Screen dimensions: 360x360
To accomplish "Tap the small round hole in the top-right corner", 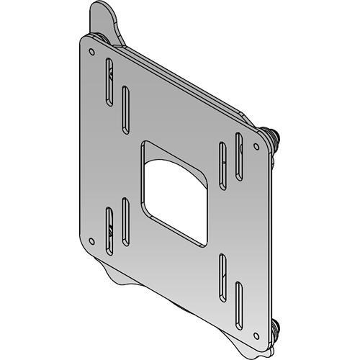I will (x=256, y=147).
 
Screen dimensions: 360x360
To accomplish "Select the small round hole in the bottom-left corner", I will (x=90, y=240).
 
